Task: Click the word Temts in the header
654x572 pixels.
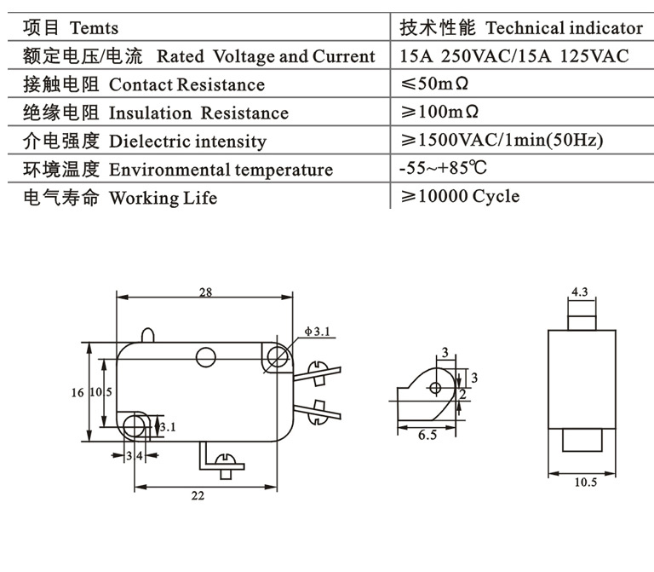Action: [95, 29]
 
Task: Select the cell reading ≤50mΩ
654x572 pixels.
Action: [435, 84]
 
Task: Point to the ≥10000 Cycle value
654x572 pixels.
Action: [460, 197]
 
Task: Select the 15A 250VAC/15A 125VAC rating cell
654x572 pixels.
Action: [514, 56]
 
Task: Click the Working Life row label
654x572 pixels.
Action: [163, 198]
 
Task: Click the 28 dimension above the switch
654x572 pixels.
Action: [205, 292]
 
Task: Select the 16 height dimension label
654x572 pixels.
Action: [77, 392]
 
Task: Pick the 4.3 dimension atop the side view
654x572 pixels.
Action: [580, 292]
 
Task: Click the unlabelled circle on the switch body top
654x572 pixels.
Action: [205, 355]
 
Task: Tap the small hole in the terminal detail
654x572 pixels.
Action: [435, 389]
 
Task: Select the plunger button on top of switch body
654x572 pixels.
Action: [149, 335]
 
